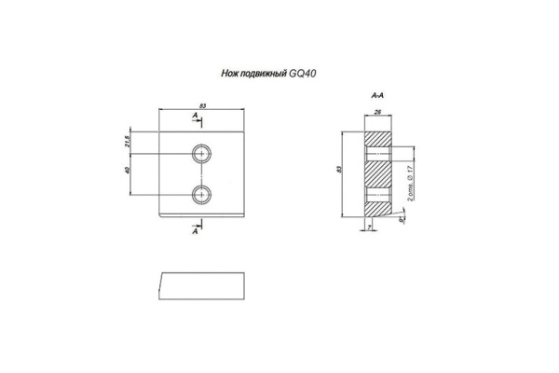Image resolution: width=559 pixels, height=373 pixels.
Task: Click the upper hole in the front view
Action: pyautogui.click(x=202, y=152)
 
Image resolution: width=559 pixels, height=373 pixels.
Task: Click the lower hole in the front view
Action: pyautogui.click(x=202, y=194)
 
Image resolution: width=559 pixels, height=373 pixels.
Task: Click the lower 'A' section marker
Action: pyautogui.click(x=196, y=232)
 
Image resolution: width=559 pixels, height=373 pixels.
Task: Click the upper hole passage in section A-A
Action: pyautogui.click(x=377, y=152)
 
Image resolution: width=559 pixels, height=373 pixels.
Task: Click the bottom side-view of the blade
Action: pyautogui.click(x=202, y=287)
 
